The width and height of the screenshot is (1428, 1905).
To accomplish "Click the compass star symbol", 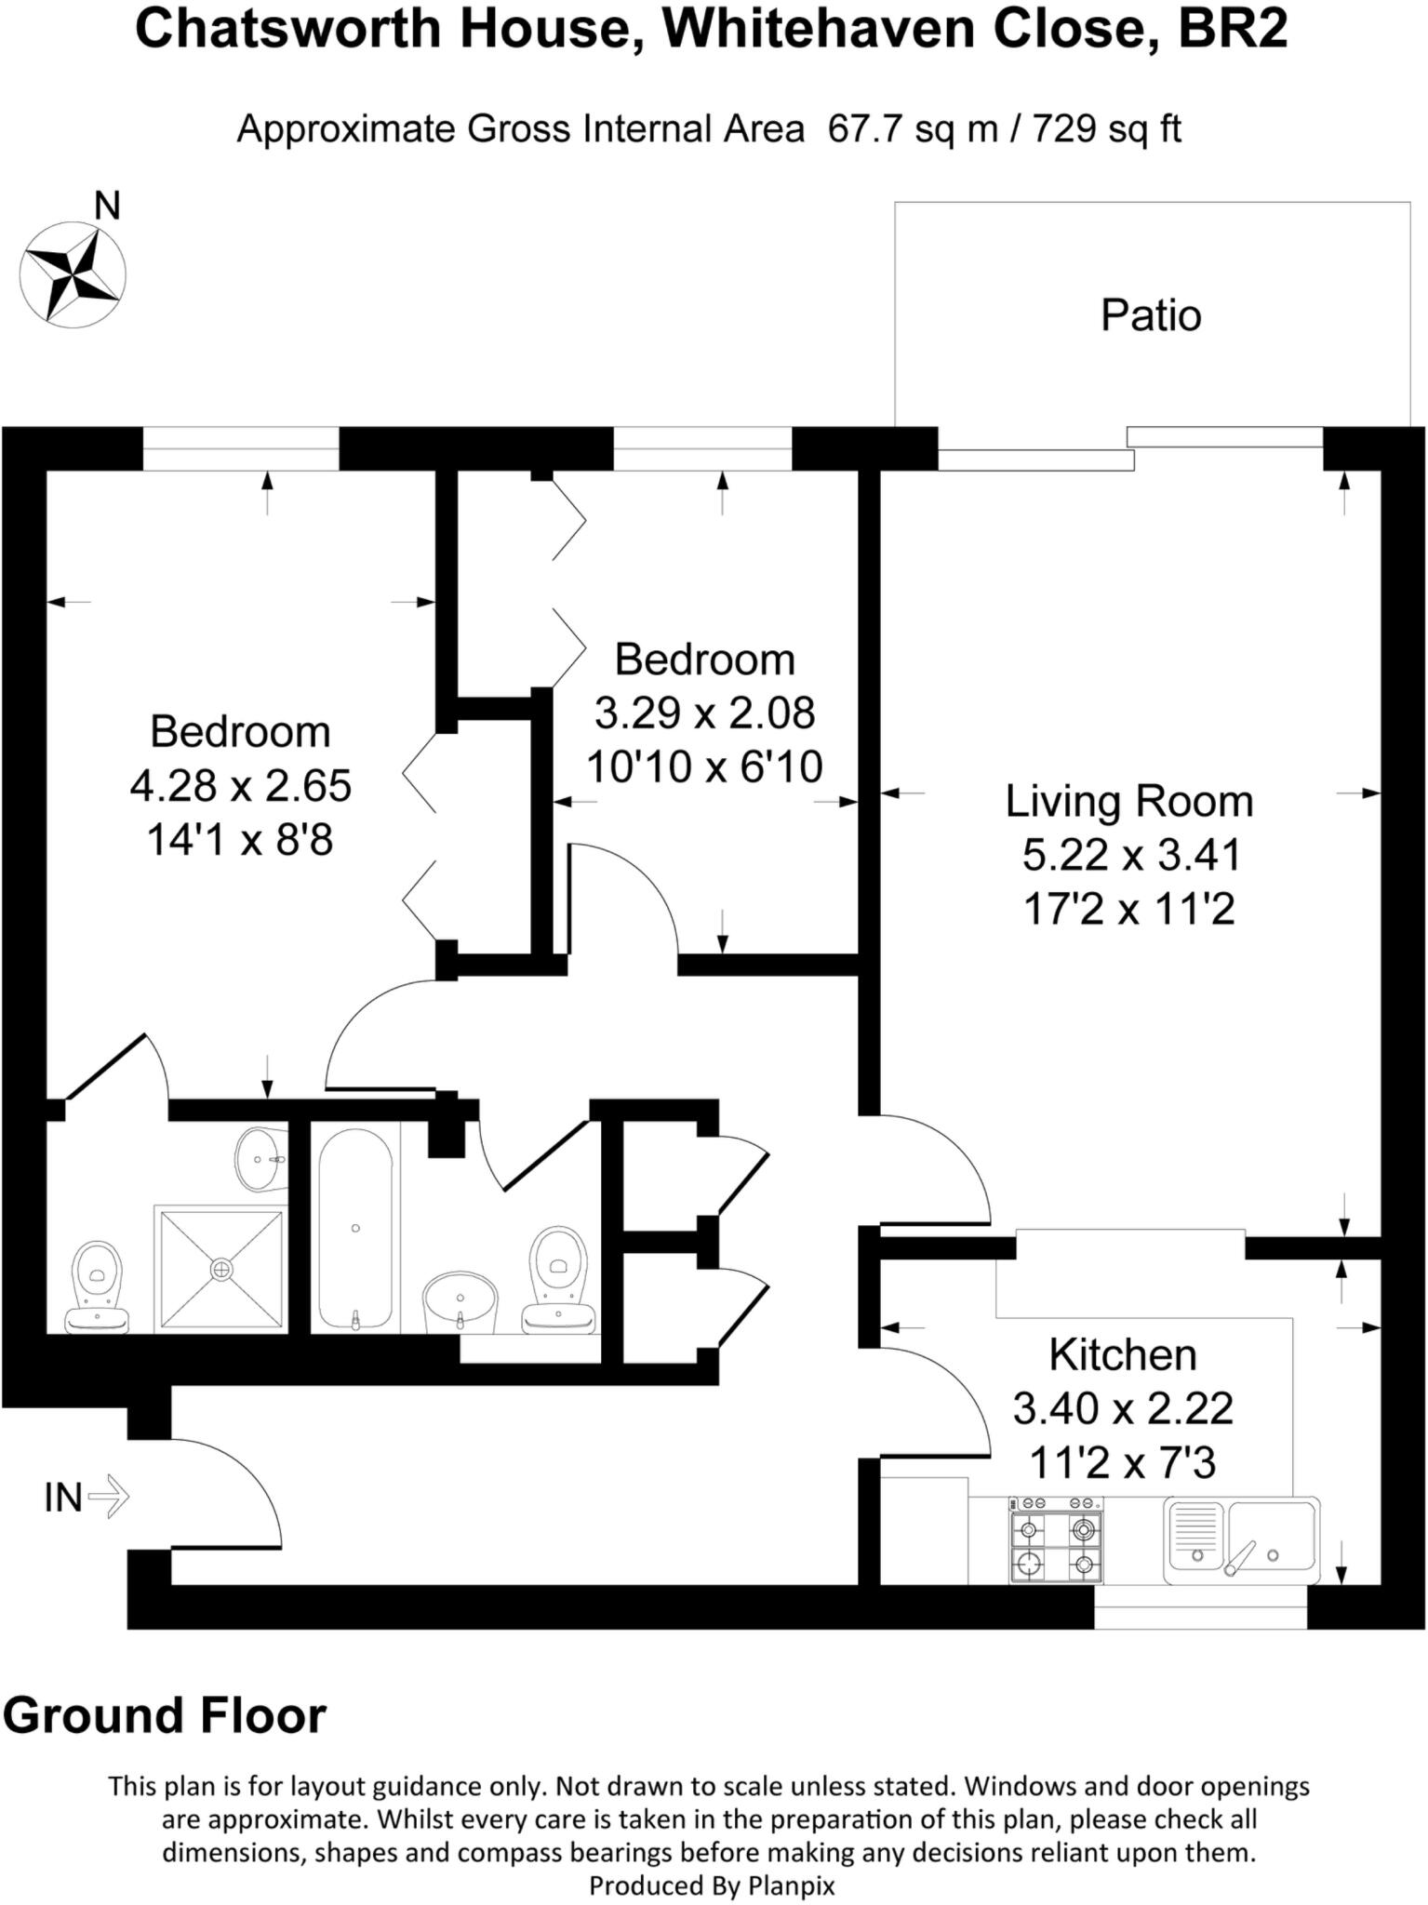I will click(x=73, y=274).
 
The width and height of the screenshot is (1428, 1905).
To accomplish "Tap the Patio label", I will click(x=1151, y=315).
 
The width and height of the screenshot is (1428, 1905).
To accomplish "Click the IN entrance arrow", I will click(x=109, y=1498).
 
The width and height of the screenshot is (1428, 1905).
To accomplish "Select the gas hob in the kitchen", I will click(x=1056, y=1540).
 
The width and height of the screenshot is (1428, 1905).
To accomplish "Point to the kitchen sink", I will click(x=1242, y=1539).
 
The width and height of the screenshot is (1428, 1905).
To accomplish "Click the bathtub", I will click(x=355, y=1229).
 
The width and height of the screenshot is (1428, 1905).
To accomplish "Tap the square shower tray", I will click(x=221, y=1269).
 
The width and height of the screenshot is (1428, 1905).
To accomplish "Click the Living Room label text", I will click(x=1128, y=802).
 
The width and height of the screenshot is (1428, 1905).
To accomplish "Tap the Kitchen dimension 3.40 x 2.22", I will click(x=1123, y=1409).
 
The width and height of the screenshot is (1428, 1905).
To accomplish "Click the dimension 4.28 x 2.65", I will click(x=240, y=786).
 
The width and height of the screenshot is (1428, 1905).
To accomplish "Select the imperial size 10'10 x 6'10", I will click(x=704, y=767).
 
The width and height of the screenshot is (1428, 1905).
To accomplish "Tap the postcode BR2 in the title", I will click(x=1232, y=30).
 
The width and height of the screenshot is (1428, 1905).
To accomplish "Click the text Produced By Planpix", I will click(x=712, y=1885).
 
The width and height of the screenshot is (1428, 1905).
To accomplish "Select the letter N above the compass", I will click(x=108, y=206).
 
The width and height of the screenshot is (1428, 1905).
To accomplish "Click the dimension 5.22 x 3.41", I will click(x=1131, y=855).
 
